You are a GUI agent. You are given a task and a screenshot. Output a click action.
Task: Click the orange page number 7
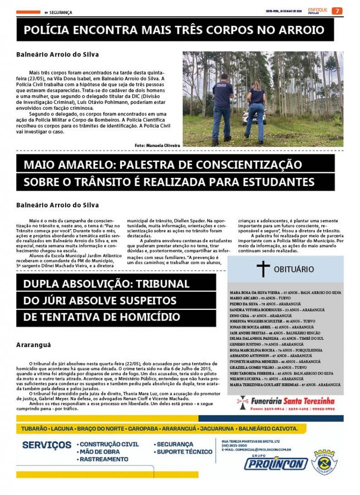(x=336, y=11)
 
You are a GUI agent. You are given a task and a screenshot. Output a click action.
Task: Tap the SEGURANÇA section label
(x=60, y=12)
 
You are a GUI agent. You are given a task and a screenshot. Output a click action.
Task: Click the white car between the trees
(x=248, y=117)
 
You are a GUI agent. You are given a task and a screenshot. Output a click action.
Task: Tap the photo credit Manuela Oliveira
(x=157, y=145)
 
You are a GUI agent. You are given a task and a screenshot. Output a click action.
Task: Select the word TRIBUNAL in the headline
(x=158, y=283)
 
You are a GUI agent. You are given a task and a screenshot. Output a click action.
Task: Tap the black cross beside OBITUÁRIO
(x=263, y=269)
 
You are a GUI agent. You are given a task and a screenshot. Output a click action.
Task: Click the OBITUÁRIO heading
(x=294, y=269)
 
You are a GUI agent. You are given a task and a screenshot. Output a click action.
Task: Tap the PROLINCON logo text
(x=275, y=464)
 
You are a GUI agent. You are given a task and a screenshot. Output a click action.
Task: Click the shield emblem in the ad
(x=324, y=462)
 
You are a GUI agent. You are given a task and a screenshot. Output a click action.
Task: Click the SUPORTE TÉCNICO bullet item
(x=184, y=452)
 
